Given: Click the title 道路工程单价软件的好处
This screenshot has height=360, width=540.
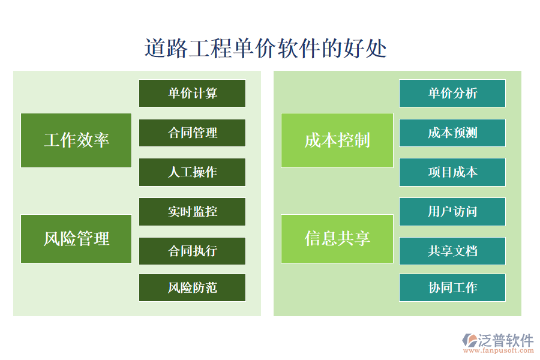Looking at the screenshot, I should click(x=266, y=48).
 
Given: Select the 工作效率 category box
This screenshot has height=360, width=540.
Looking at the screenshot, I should click(x=76, y=140).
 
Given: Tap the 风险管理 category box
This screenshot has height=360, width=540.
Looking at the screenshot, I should click(x=76, y=238).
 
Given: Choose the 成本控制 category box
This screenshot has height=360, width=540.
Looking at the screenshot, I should click(x=337, y=140).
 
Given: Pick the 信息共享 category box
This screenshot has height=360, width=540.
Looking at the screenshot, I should click(x=337, y=238).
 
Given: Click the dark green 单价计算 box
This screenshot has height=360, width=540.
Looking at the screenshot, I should click(x=192, y=93).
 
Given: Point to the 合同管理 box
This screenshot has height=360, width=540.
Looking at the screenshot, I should click(x=192, y=133).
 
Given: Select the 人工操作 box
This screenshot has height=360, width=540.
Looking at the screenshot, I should click(x=192, y=172).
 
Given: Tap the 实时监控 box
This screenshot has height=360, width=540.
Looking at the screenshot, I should click(x=192, y=211).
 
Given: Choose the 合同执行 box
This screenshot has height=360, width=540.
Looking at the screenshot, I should click(x=192, y=251).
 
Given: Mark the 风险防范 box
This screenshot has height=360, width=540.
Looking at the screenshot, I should click(x=192, y=287).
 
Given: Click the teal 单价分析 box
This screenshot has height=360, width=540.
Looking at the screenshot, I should click(x=452, y=93).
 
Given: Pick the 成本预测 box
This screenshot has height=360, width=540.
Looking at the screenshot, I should click(x=452, y=133).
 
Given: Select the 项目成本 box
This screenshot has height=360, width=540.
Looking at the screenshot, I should click(x=452, y=172).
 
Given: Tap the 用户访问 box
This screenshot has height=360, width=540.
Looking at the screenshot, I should click(x=452, y=211).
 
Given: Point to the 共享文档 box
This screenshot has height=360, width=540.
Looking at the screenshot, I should click(x=452, y=251).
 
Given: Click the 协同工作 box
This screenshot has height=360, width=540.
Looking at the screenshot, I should click(x=452, y=287).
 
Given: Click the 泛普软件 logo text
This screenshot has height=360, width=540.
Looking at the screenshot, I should click(x=505, y=340).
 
